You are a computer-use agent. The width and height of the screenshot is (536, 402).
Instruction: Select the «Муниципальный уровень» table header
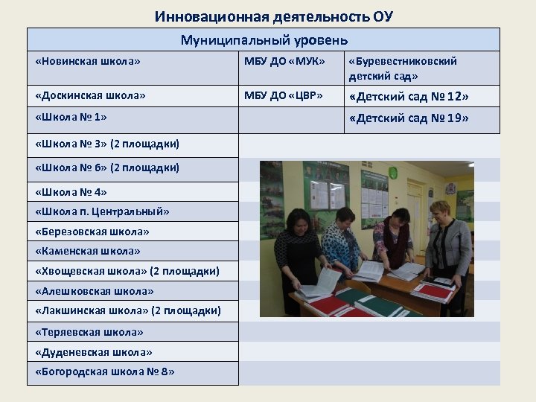point(264,40)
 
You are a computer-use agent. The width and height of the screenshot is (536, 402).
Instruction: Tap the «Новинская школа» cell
point(87,61)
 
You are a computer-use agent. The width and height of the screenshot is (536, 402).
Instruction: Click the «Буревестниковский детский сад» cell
point(402,68)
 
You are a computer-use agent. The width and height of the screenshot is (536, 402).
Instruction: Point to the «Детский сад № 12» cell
point(409,97)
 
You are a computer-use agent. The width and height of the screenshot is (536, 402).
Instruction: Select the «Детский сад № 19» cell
point(409,118)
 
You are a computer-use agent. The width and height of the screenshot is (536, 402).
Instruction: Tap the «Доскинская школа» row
point(90,96)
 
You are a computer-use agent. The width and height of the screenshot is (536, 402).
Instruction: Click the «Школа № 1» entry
point(71,117)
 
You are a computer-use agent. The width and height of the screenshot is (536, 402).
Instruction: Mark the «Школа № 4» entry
point(71,191)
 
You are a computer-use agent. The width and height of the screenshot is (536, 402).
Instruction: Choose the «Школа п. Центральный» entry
point(102,211)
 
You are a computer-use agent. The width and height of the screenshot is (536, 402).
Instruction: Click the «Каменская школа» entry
point(87,252)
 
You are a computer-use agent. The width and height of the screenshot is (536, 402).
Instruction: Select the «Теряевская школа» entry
point(89,332)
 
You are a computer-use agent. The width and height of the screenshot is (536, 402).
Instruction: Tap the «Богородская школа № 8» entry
point(104,371)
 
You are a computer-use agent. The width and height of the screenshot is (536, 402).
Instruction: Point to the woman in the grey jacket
point(448,246)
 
